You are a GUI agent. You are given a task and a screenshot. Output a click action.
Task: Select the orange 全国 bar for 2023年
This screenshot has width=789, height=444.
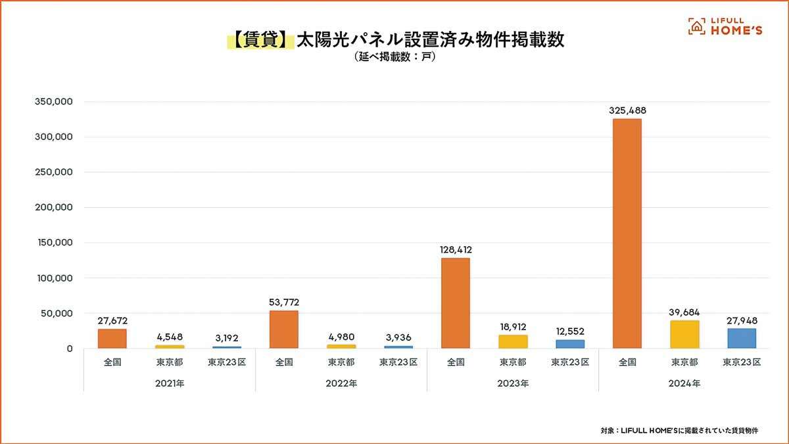pos(455,303)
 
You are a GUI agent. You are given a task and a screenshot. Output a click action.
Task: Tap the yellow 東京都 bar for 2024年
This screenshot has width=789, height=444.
pos(684,334)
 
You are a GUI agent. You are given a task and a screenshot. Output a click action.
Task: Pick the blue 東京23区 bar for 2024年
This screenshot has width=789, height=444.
pos(742,338)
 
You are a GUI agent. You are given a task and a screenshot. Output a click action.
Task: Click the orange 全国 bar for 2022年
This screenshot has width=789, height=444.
pos(284,330)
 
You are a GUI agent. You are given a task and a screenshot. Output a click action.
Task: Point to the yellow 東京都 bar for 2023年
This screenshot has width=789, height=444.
pos(513,341)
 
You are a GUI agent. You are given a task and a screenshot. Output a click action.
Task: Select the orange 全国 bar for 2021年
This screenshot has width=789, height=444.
pos(112,338)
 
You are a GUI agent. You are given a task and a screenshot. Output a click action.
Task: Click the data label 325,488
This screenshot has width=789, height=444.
pos(627,111)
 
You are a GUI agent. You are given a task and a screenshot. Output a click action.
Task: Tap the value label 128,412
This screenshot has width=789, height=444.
pos(456,250)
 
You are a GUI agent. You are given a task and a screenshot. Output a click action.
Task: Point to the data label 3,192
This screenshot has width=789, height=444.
pos(227,338)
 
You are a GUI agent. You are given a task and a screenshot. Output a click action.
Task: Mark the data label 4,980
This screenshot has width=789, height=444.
pos(341,337)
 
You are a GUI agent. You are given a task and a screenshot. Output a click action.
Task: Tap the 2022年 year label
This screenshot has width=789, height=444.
pos(341,383)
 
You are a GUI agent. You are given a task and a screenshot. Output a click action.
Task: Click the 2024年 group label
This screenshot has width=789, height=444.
pos(684,383)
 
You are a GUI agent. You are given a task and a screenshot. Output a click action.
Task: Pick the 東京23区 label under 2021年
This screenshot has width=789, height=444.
pos(227,362)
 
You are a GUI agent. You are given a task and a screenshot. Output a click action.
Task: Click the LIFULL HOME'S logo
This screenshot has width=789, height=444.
pos(725,26)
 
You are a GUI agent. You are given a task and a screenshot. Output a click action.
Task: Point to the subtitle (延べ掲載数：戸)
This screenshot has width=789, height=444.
pos(394,57)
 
